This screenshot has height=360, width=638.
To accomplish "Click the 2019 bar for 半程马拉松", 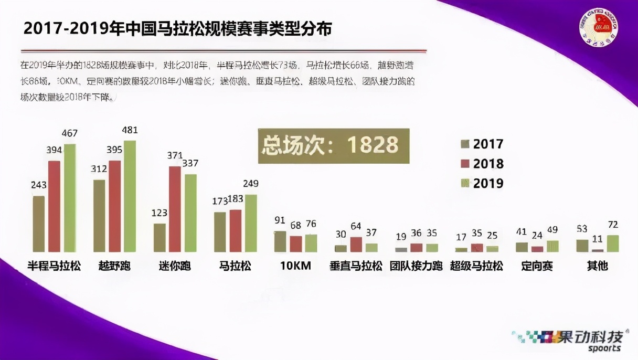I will click(x=70, y=198).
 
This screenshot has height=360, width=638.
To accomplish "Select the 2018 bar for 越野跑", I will click(x=115, y=206).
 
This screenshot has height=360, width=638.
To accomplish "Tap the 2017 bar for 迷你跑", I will click(x=159, y=238).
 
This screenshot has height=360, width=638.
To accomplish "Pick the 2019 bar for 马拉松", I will click(x=251, y=223).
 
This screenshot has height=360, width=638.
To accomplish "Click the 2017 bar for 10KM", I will click(x=281, y=241).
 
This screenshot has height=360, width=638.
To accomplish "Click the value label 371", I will click(x=174, y=156).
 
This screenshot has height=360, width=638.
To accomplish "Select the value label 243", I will click(x=38, y=185).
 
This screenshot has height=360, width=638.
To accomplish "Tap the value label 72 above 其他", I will click(x=612, y=225).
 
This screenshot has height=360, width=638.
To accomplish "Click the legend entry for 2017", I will click(x=482, y=144).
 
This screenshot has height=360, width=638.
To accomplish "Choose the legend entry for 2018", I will click(x=482, y=164).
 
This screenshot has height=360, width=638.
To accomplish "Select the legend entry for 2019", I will click(x=482, y=183).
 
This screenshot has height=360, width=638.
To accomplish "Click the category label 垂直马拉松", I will click(x=356, y=266).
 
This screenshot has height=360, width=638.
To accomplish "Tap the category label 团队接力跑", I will click(x=416, y=266).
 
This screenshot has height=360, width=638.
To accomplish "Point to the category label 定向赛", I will click(x=537, y=266).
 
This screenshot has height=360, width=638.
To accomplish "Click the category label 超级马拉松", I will click(x=476, y=266).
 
